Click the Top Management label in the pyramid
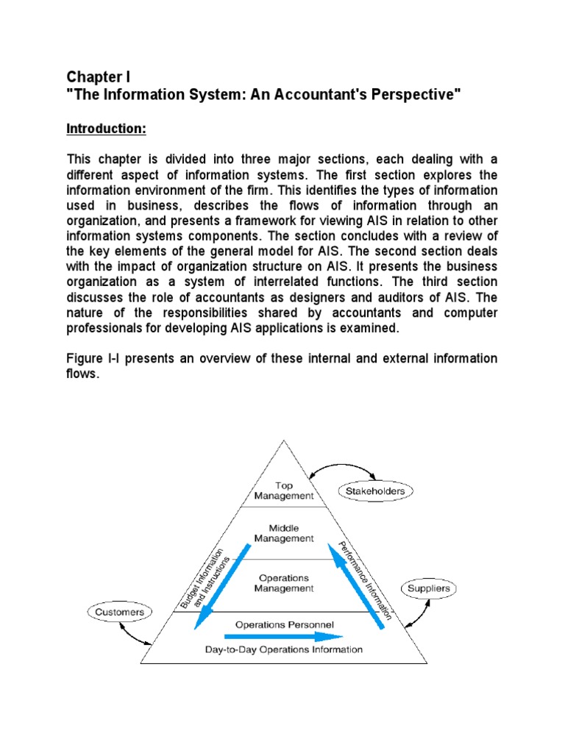(x=283, y=490)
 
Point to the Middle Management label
(x=283, y=533)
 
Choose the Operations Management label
(x=283, y=583)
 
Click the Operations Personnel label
(x=284, y=624)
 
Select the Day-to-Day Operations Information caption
(x=284, y=649)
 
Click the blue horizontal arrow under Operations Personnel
(x=283, y=637)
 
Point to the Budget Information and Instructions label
(x=205, y=582)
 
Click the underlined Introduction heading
(x=107, y=129)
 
